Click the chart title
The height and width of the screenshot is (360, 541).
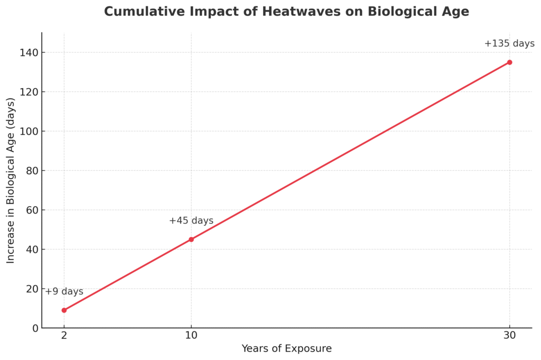(286, 12)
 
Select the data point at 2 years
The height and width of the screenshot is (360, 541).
(64, 310)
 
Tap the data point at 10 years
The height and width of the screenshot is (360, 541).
(191, 239)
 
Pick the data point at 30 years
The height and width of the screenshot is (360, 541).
(509, 62)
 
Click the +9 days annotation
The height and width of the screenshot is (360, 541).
(64, 292)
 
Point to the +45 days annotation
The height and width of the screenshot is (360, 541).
(191, 221)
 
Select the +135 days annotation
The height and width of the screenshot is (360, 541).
(509, 44)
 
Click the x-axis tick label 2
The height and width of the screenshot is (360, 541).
(64, 336)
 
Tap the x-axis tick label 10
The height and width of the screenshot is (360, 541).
(191, 336)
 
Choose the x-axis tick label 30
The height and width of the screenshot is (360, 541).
(509, 336)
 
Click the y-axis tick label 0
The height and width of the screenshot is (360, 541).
(35, 328)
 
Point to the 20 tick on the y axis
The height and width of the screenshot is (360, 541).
(33, 289)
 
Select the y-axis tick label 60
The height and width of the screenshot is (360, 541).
(33, 210)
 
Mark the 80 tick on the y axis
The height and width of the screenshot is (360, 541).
(33, 171)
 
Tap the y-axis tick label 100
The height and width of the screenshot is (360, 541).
(30, 131)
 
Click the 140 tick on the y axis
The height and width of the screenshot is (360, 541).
(30, 52)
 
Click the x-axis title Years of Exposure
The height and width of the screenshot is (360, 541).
(286, 349)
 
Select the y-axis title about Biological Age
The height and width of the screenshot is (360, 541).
(11, 180)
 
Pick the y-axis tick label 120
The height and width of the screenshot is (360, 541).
(30, 92)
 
